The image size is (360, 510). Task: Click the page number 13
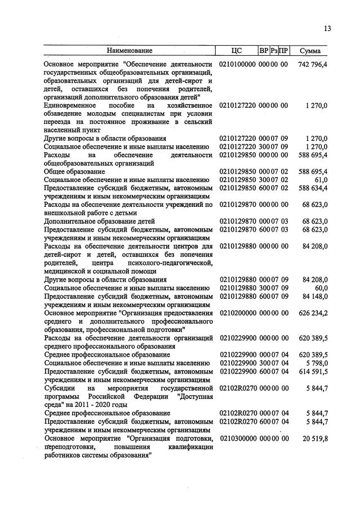pos(327,29)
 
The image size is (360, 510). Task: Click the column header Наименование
pos(130,51)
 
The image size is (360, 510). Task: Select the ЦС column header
pos(237,51)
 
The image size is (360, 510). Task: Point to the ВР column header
pos(263,51)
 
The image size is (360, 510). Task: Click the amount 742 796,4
pos(313,65)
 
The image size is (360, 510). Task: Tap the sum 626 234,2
pos(313,313)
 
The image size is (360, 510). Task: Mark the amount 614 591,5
pos(313,371)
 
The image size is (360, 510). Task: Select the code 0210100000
pos(237,65)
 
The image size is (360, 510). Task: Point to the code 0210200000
pos(237,313)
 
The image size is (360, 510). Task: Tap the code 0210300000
pos(237,438)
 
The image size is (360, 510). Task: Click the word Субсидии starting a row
pos(60,388)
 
